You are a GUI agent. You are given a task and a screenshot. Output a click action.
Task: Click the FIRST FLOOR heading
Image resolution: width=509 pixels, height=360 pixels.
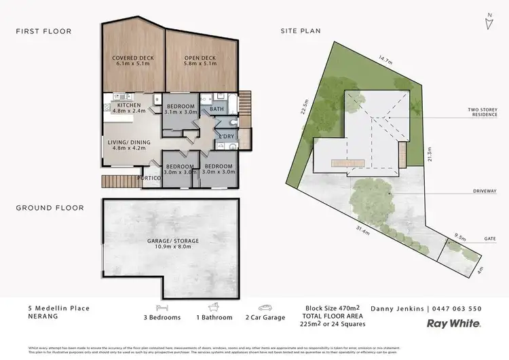(x=44, y=31)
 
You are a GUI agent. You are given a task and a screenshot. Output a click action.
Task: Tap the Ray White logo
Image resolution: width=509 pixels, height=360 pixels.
(x=454, y=325)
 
